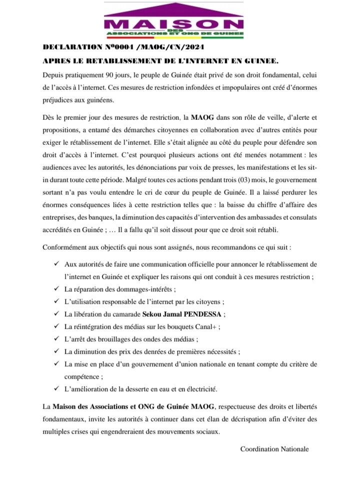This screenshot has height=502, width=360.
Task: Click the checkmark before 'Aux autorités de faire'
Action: pyautogui.click(x=55, y=263)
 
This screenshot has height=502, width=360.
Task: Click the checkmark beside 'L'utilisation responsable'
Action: pyautogui.click(x=55, y=302)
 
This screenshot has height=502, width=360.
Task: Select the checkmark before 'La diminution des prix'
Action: pyautogui.click(x=55, y=352)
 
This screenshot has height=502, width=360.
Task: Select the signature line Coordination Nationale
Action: pyautogui.click(x=274, y=449)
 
